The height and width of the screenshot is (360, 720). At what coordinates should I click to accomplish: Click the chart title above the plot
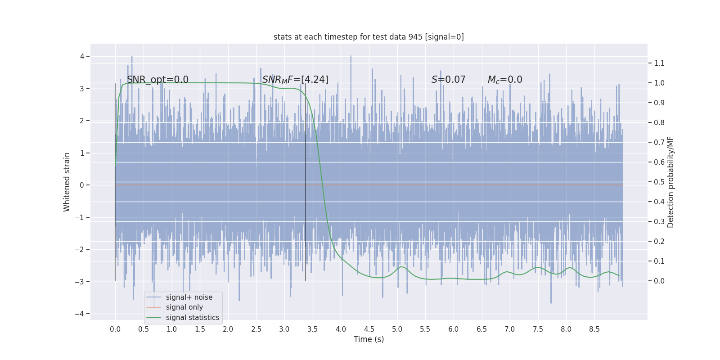click(x=369, y=37)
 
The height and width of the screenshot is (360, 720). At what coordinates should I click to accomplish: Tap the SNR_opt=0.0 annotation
click(x=157, y=80)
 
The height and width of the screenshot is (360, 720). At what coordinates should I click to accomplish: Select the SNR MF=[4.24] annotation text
click(x=295, y=80)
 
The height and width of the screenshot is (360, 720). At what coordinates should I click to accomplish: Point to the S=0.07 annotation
click(x=448, y=80)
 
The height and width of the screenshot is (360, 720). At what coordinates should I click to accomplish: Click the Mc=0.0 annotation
click(x=505, y=80)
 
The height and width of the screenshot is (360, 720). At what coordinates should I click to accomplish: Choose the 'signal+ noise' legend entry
click(x=189, y=297)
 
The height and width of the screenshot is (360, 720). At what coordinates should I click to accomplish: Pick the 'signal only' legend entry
click(x=184, y=307)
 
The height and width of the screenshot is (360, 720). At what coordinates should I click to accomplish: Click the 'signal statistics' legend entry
click(x=192, y=318)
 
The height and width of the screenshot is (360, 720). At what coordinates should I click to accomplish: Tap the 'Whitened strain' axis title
click(x=67, y=182)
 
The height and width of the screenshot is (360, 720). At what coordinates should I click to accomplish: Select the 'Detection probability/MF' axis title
click(x=670, y=182)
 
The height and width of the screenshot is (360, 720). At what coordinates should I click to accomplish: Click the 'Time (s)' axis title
click(x=369, y=339)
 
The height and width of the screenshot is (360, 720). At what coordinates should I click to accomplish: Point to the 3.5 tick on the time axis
click(x=312, y=329)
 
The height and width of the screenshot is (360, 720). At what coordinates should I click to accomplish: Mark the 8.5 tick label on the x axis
click(x=594, y=329)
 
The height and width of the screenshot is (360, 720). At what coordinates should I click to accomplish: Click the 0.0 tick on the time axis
click(x=115, y=329)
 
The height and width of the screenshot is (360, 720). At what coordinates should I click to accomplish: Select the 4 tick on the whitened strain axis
click(x=82, y=56)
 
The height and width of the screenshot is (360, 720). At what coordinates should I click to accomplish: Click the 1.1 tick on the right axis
click(x=659, y=63)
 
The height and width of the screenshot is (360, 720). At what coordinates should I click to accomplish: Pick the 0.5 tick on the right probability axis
click(x=659, y=182)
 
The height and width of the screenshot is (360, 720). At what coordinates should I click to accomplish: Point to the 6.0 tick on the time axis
click(x=453, y=329)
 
